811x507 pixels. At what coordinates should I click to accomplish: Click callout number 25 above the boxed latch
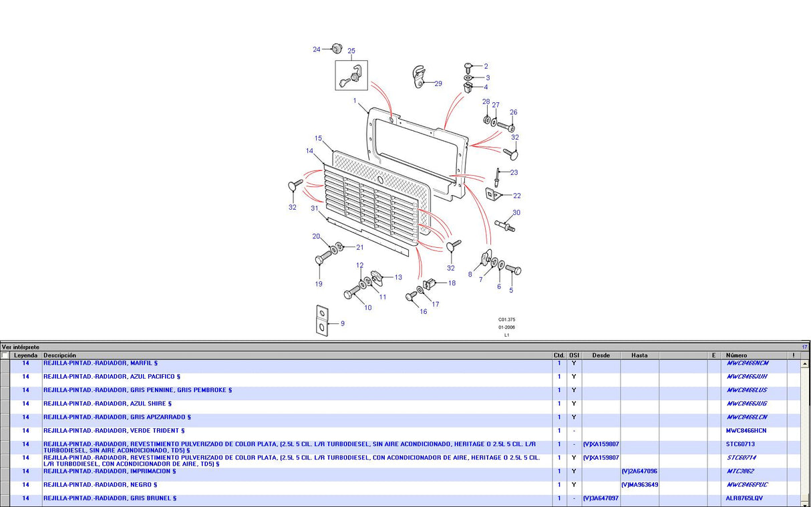coord(351,51)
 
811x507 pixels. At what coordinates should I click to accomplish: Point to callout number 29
coord(438,83)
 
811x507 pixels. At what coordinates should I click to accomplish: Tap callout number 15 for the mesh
coord(319,138)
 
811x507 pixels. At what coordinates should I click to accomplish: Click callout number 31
coord(315,208)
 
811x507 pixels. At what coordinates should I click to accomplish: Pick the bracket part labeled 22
coord(493,193)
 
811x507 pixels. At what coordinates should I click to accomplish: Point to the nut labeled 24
coord(337,47)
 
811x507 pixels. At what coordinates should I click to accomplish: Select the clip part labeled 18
coord(432,283)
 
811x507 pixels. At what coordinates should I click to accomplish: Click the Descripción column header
coord(60,355)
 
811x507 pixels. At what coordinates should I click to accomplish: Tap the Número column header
coord(738,355)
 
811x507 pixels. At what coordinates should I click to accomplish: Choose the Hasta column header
coord(639,355)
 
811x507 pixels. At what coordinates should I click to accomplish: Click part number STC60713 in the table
coord(740,444)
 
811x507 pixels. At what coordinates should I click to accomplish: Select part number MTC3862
coord(740,472)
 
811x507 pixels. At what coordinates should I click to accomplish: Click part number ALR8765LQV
coord(744,498)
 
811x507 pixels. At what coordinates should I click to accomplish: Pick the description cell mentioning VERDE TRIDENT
coord(114,431)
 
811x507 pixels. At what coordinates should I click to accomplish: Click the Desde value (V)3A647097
coord(601,498)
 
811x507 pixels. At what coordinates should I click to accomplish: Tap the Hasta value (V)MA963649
coord(639,485)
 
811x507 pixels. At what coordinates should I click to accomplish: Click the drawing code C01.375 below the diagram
coord(506,320)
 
